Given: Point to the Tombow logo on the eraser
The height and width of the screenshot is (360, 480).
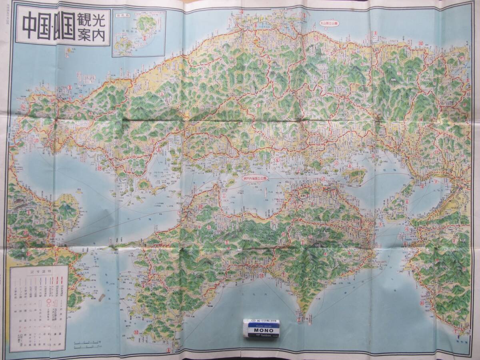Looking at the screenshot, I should tap(262, 336).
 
